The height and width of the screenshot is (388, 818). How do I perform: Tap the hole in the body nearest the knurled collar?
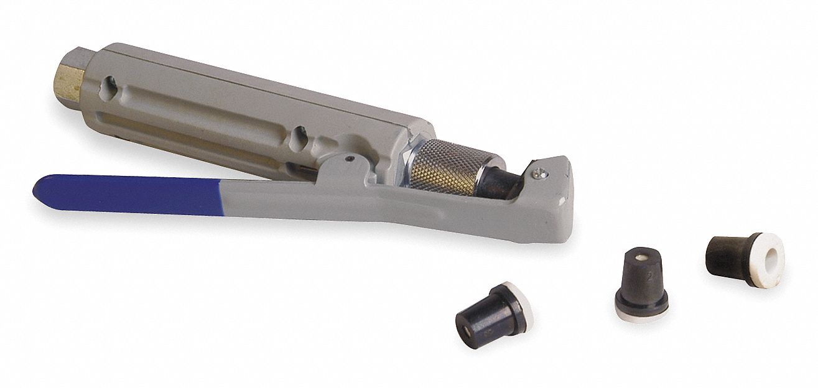(x=300, y=134)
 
